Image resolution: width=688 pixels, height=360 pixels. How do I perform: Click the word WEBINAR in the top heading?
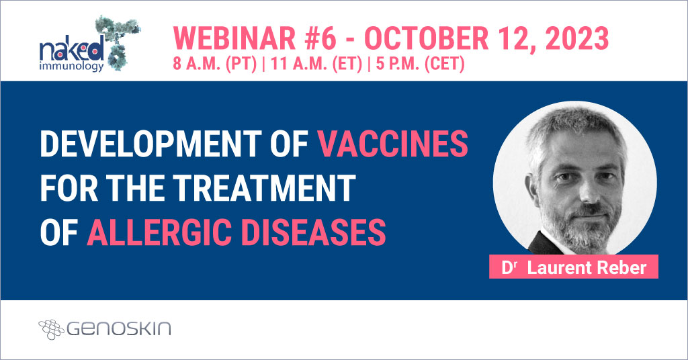coord(234,38)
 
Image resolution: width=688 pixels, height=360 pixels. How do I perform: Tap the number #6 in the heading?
coord(320,38)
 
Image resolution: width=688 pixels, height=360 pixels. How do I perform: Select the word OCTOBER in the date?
coord(426,38)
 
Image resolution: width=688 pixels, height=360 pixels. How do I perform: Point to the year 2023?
coord(577,38)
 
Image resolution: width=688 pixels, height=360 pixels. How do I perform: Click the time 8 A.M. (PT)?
coord(214,64)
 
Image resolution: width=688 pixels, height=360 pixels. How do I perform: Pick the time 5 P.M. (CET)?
coord(421,64)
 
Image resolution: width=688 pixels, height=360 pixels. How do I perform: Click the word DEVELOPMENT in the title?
coord(151,143)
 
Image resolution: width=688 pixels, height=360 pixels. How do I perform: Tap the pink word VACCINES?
coord(392,143)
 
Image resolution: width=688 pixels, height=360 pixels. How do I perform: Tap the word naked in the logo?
coord(71,49)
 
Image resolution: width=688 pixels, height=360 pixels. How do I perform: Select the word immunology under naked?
coord(71,67)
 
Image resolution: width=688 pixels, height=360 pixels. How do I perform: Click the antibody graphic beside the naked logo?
coord(118,42)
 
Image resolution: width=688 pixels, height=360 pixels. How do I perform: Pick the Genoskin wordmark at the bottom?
coord(118,328)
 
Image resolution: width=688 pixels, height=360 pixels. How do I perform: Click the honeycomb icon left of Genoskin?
coord(51,329)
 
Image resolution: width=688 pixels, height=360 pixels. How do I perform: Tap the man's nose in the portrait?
coord(584,192)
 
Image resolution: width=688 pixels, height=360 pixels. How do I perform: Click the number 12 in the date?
coord(511,38)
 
